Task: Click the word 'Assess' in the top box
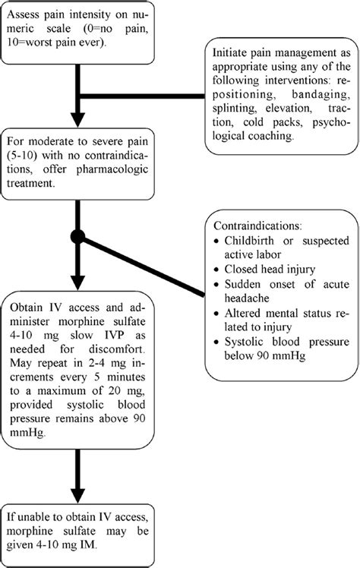23,15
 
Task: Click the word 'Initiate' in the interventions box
229,52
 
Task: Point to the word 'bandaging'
321,95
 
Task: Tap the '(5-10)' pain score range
23,156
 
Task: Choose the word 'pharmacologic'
112,170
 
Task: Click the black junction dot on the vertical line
78,237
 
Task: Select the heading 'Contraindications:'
257,226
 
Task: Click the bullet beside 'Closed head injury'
216,270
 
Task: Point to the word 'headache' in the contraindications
247,298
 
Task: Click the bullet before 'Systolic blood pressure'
216,342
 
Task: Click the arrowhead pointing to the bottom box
78,496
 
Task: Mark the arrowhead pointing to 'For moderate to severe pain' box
78,119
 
